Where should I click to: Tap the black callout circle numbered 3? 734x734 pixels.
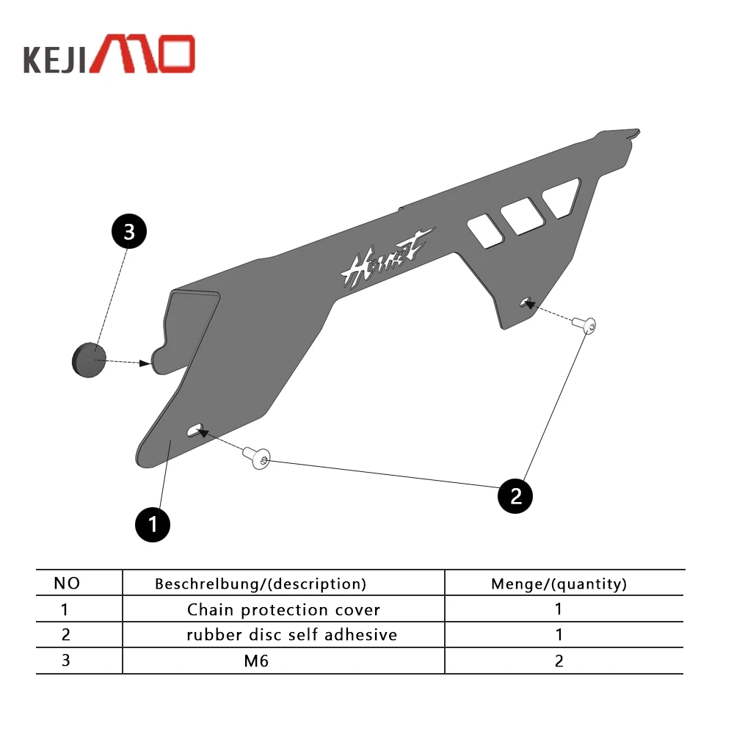(129, 232)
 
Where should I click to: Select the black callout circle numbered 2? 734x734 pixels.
(515, 496)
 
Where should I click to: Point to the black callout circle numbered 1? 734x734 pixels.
(153, 525)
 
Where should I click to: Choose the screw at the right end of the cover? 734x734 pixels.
(588, 324)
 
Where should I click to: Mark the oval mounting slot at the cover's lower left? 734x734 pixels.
(195, 430)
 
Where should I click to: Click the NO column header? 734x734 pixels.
(67, 584)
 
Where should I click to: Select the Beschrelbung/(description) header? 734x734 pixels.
(261, 584)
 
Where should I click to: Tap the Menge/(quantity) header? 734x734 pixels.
(559, 584)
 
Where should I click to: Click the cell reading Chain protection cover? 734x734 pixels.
(283, 610)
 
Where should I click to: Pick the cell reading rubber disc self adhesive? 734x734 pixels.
(291, 635)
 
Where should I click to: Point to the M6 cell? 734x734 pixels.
(256, 661)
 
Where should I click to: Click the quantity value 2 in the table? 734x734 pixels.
(559, 661)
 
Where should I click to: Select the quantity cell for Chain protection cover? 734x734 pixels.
(559, 609)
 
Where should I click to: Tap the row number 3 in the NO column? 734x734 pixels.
(65, 660)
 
